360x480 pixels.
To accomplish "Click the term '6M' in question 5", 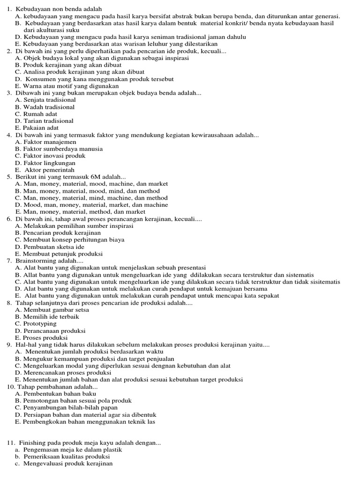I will (x=89, y=177).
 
